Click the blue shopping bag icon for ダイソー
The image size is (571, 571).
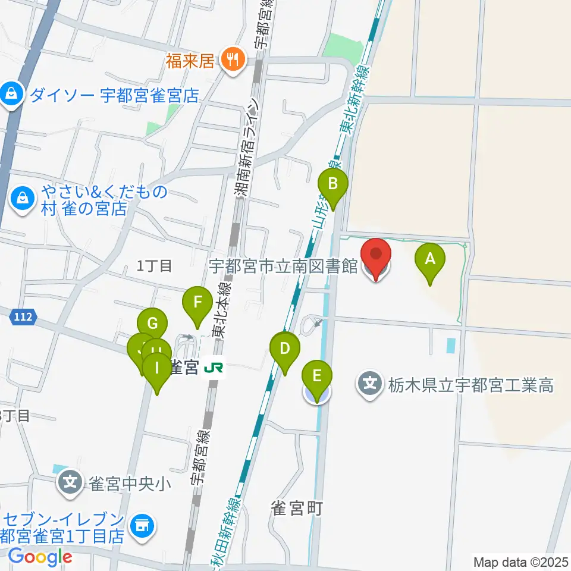(11, 93)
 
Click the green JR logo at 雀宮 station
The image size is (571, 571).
(213, 368)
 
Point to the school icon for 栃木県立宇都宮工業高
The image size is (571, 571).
(371, 384)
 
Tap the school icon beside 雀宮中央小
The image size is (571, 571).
(70, 481)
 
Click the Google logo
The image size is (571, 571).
(40, 557)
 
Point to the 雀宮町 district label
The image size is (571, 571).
(296, 509)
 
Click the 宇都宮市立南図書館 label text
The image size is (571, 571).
(283, 266)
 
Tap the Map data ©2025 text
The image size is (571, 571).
(520, 561)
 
